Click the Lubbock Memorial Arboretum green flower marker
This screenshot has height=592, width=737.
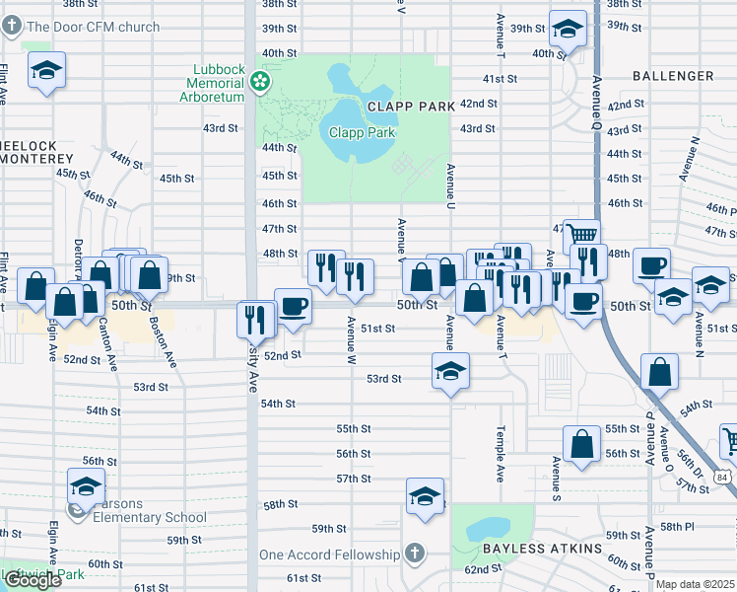click(x=261, y=81)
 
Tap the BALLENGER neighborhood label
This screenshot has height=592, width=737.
click(x=673, y=76)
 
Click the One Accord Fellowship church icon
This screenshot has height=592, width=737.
click(x=415, y=554)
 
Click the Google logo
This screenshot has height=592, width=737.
click(x=33, y=580)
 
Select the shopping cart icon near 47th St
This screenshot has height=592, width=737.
click(x=581, y=236)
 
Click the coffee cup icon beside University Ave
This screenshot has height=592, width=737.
click(x=292, y=305)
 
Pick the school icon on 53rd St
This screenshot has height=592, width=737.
click(x=449, y=371)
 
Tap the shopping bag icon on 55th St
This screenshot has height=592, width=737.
click(x=582, y=443)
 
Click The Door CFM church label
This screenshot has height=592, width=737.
click(x=93, y=27)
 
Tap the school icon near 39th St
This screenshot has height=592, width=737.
click(x=568, y=29)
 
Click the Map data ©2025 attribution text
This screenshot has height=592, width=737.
click(x=695, y=584)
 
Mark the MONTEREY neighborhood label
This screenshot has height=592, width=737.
click(x=40, y=160)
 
